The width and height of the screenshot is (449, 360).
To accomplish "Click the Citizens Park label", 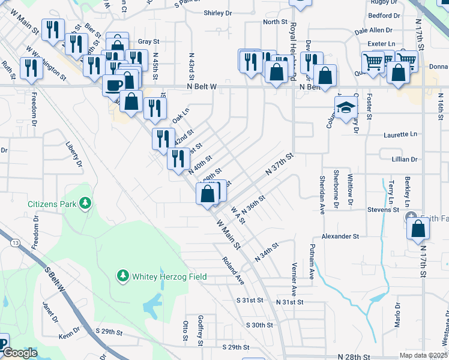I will click(x=52, y=204).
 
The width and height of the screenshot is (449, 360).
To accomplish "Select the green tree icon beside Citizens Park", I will click(x=86, y=203).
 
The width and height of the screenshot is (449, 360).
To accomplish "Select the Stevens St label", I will click(x=384, y=210).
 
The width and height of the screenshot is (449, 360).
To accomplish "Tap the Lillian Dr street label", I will click(x=404, y=159).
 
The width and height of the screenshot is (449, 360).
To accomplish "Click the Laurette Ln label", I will click(x=400, y=135).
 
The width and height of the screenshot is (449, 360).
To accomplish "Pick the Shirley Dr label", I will click(x=217, y=13).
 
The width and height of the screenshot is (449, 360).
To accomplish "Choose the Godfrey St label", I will click(x=201, y=330).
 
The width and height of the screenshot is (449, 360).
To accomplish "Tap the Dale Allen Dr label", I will click(x=373, y=29).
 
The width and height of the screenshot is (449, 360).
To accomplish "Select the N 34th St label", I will click(x=267, y=252).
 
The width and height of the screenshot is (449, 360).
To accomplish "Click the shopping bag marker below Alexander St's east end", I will click(x=418, y=229).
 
